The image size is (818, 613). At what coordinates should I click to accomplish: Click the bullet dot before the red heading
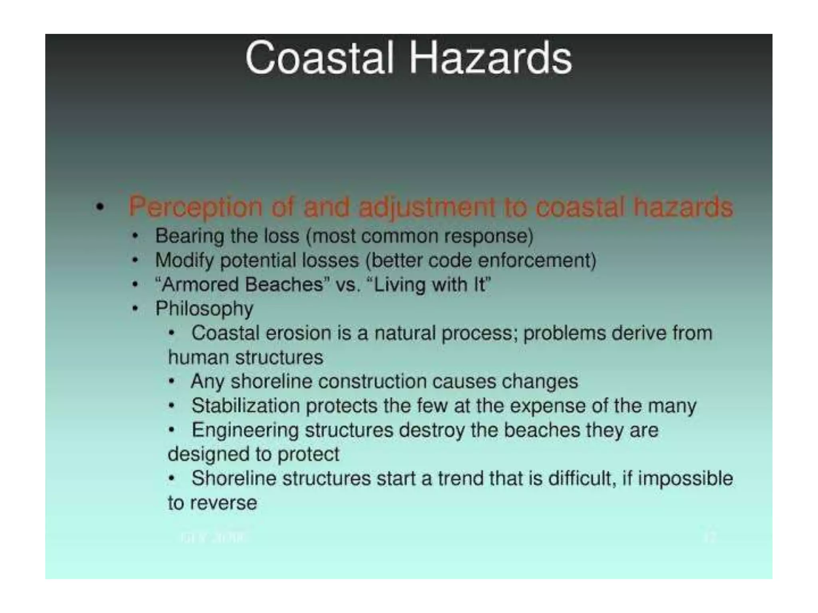(x=100, y=207)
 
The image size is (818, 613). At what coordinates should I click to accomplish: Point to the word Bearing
(x=189, y=236)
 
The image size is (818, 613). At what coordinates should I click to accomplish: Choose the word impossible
(x=685, y=479)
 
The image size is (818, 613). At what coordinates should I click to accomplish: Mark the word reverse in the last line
(x=223, y=503)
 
